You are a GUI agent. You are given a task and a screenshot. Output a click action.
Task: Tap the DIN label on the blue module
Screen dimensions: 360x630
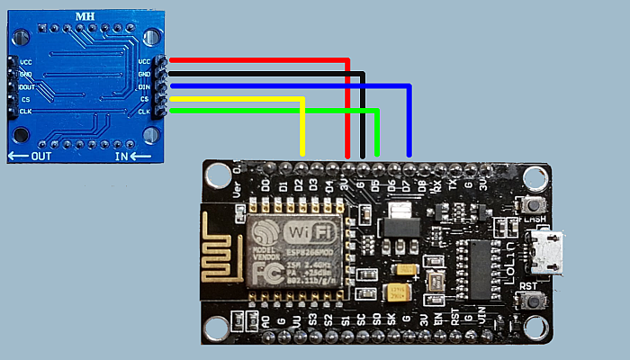click(144, 87)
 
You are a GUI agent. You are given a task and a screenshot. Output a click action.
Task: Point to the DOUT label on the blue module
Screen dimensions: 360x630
click(27, 87)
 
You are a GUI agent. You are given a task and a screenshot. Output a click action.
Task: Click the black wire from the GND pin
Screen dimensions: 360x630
click(270, 74)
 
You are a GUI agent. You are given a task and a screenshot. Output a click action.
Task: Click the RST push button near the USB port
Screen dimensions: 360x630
click(530, 303)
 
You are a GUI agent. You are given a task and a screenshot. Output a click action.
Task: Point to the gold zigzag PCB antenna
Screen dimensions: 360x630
click(221, 246)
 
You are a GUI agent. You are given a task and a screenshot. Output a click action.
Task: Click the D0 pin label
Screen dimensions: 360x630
click(265, 184)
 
